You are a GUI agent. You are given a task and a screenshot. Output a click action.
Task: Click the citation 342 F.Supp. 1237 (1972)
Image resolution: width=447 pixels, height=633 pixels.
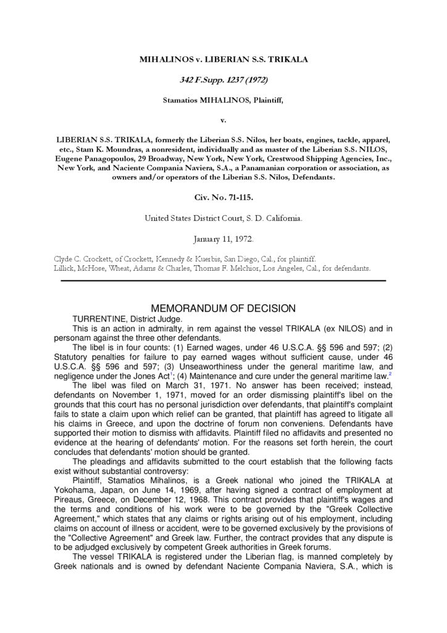click(x=223, y=80)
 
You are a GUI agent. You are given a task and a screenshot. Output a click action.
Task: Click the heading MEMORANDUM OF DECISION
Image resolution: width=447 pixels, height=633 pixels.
click(x=223, y=308)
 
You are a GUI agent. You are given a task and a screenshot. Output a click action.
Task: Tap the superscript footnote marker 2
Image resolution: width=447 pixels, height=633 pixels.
click(x=390, y=373)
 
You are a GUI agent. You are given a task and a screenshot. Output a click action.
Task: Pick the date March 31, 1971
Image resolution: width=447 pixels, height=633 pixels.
click(x=158, y=384)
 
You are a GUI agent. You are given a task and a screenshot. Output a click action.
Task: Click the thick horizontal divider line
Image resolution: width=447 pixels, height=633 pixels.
click(x=223, y=281)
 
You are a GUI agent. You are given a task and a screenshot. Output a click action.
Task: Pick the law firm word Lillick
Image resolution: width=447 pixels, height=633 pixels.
click(x=66, y=269)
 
